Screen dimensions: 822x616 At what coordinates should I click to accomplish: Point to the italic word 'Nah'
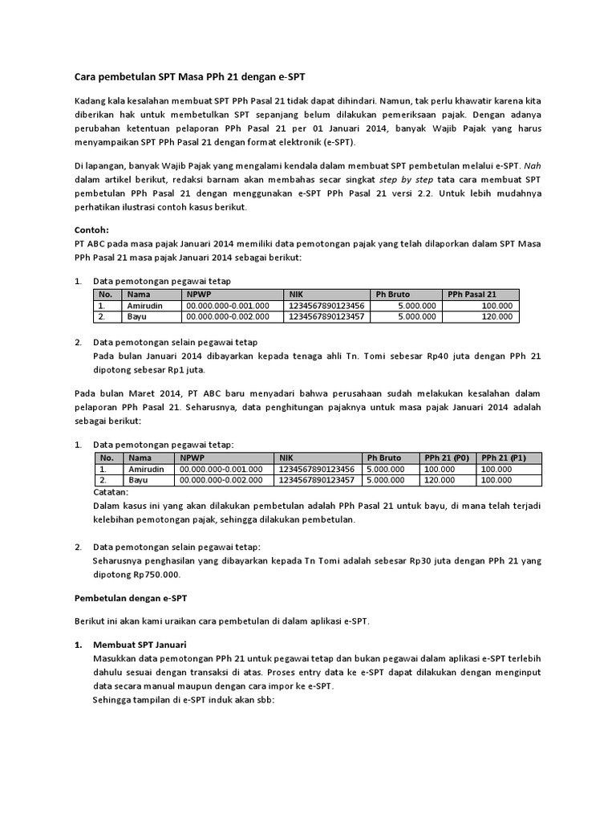pos(533,166)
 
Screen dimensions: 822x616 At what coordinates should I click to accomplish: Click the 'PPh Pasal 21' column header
pos(472,294)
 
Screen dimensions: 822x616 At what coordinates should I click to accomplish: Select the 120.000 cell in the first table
pos(497,317)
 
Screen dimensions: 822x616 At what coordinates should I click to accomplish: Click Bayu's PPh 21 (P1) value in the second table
pos(496,480)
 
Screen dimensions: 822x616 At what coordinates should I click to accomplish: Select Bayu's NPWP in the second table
pos(221,480)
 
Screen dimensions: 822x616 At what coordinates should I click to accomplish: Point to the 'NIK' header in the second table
pos(286,458)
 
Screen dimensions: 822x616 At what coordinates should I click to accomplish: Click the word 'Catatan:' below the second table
pos(111,491)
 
